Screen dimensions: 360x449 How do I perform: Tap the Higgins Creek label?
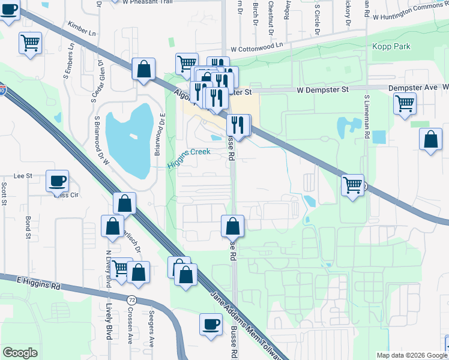click(x=188, y=152)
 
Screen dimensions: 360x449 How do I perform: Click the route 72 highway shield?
click(x=131, y=298)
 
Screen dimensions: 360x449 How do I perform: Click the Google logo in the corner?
click(x=20, y=353)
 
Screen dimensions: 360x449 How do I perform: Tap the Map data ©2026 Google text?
click(x=411, y=355)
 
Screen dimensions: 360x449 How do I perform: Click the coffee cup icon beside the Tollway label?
click(x=211, y=323)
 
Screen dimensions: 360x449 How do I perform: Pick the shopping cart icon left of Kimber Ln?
click(x=30, y=43)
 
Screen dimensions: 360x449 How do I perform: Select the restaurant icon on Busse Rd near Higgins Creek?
click(x=238, y=125)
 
